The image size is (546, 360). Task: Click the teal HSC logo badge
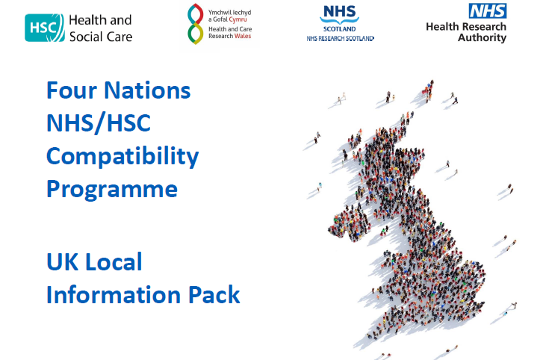45,28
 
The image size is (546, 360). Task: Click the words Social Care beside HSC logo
101,37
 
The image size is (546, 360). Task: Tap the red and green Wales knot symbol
196,24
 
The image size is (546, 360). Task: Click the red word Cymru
238,19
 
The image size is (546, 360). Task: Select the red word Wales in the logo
243,36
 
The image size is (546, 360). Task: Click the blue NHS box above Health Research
488,10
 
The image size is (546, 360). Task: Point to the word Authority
482,37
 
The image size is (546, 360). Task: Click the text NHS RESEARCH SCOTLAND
340,39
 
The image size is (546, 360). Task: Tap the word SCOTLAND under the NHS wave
340,29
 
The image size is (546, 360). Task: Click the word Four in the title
72,90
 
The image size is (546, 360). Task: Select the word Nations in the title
147,90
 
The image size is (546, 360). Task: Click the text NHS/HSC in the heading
99,123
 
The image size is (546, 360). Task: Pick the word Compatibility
122,157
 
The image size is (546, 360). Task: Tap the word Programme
112,190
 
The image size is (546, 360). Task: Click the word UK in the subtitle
62,262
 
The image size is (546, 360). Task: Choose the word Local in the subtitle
114,261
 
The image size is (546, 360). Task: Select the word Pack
214,294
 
